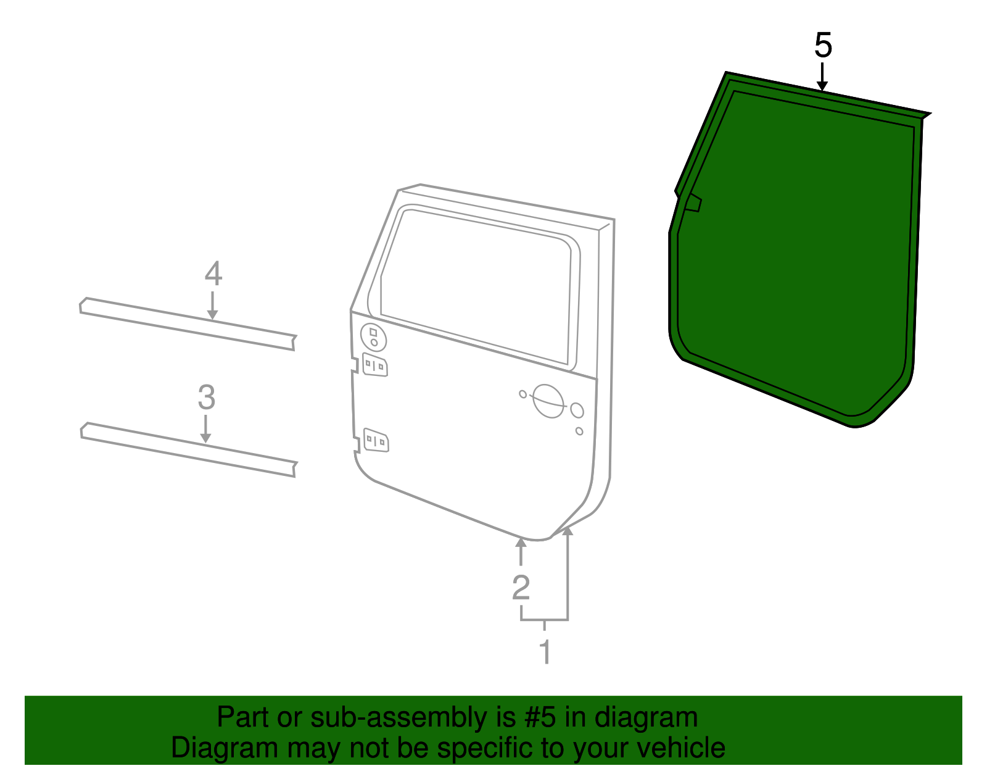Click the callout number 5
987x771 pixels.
coord(823,46)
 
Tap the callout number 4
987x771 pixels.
coord(213,274)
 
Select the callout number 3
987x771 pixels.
coord(206,398)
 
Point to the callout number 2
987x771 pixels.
coord(521,588)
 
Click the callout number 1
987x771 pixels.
coord(545,652)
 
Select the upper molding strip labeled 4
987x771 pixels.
coord(185,324)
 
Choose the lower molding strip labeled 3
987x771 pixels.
coord(185,449)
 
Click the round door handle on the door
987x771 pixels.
coord(548,401)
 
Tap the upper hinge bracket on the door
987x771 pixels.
coord(375,365)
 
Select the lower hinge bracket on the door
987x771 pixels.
coord(376,440)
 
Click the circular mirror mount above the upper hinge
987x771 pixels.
coord(373,337)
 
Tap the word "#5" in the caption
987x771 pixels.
coord(540,718)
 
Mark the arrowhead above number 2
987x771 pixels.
coord(521,543)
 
